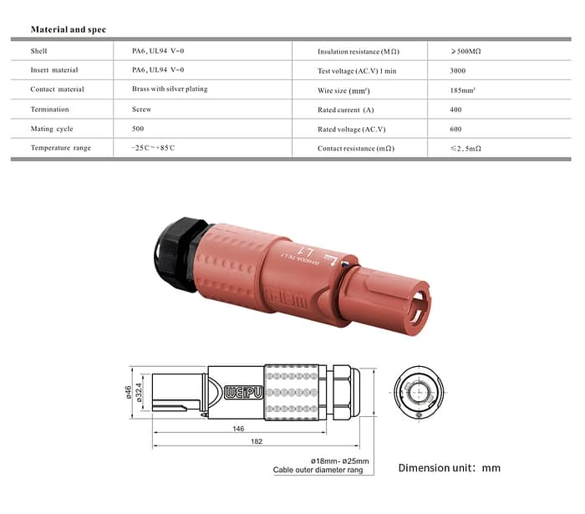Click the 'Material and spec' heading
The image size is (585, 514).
[68, 29]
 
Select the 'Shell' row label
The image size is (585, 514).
[39, 51]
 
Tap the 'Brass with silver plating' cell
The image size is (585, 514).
[170, 89]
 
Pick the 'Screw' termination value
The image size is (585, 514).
[141, 109]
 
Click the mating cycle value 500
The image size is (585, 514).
[138, 129]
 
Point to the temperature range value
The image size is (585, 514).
[153, 148]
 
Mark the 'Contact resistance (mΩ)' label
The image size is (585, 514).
[355, 148]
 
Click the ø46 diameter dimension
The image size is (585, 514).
[130, 391]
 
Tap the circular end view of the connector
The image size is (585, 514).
[417, 391]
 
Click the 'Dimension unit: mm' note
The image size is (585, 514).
[449, 468]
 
